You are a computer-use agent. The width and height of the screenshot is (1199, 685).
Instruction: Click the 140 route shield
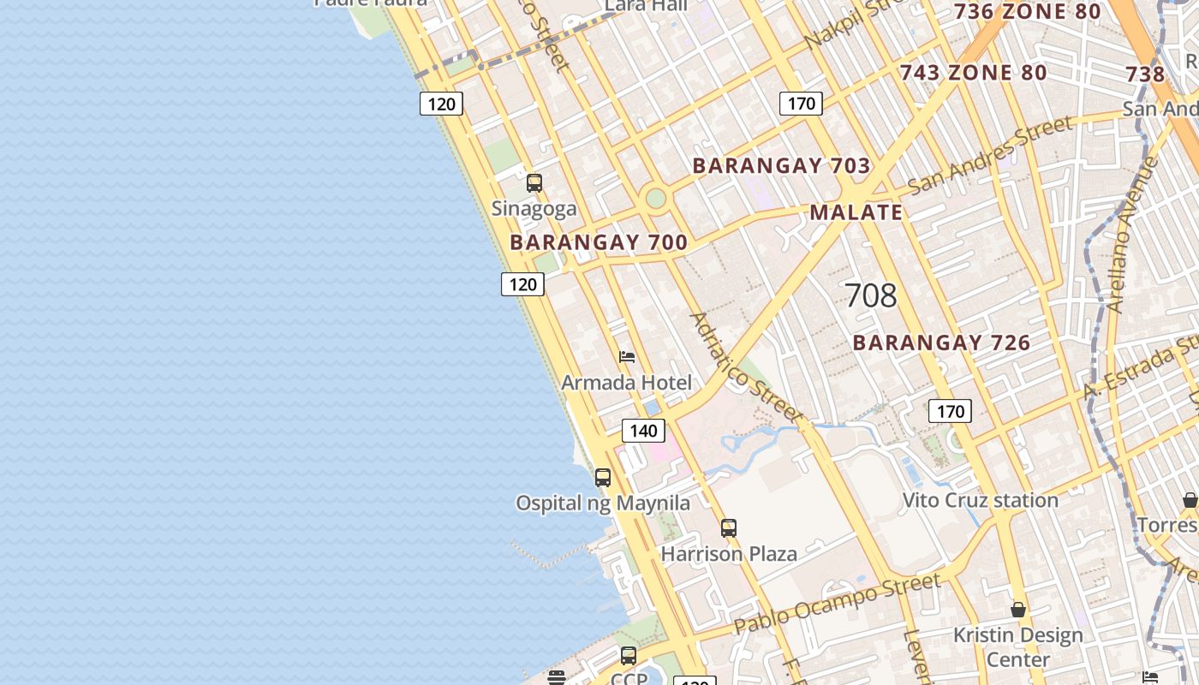[643, 431]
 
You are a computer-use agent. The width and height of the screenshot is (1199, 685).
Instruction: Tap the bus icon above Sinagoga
[534, 183]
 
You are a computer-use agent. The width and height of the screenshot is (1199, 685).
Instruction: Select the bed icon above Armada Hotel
[627, 357]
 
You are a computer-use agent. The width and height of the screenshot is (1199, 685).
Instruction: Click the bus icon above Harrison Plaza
[729, 528]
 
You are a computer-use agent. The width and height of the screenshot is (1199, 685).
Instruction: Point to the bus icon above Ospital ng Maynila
[603, 478]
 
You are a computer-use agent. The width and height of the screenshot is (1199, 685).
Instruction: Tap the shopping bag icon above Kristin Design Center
[1018, 610]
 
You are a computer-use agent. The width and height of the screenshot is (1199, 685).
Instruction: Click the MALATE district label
[856, 212]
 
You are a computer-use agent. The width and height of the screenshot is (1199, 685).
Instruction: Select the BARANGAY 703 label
[781, 166]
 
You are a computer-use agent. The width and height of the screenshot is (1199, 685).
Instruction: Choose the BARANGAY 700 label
[599, 242]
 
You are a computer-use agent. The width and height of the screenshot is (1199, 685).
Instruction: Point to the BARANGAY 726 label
[941, 343]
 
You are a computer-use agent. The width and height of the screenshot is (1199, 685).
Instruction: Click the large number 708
[870, 296]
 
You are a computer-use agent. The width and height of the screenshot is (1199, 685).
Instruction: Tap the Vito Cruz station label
[981, 500]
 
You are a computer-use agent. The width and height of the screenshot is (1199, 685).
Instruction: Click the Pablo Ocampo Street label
[837, 604]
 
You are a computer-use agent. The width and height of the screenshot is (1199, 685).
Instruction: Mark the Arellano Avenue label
[1131, 246]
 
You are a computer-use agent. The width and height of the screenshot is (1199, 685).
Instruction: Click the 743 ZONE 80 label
[973, 73]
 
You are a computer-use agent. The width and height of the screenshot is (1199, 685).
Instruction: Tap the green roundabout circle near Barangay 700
[655, 199]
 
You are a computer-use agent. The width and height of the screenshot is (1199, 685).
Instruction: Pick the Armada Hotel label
[626, 383]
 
